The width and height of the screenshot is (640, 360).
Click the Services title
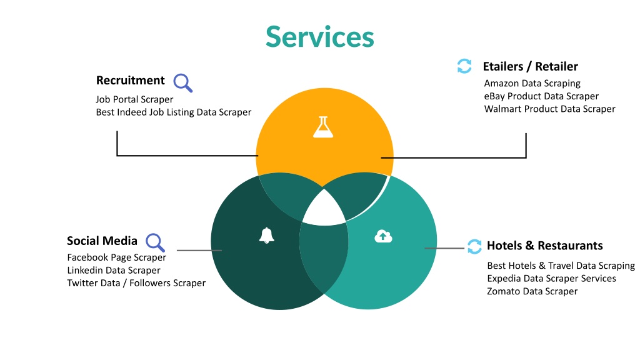tap(320, 37)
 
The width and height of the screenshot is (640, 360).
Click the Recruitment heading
tap(131, 81)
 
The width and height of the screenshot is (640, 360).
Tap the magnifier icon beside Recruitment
tap(182, 83)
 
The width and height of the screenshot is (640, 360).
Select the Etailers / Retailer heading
tap(530, 66)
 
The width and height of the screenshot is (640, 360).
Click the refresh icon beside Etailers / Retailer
tap(464, 66)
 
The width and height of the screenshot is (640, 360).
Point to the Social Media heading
tap(102, 241)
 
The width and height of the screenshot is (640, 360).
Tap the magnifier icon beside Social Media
tap(155, 242)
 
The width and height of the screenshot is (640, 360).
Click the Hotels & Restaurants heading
tap(545, 246)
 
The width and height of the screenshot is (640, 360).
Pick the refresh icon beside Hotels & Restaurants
tap(474, 246)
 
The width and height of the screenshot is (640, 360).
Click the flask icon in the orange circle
tap(323, 127)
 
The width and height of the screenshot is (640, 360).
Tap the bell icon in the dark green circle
tap(266, 236)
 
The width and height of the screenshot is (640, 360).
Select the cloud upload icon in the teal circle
tap(383, 236)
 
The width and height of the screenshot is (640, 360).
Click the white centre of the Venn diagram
tap(324, 209)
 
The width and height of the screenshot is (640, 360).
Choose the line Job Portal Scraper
tap(134, 99)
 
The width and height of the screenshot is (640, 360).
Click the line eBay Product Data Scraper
tap(541, 96)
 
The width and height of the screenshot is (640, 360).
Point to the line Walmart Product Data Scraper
tap(550, 109)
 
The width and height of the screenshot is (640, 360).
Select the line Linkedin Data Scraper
tap(114, 270)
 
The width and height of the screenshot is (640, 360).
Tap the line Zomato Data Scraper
tap(532, 291)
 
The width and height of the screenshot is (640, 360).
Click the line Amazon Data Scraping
tap(532, 84)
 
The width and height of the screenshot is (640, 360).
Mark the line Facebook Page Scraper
tap(116, 257)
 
